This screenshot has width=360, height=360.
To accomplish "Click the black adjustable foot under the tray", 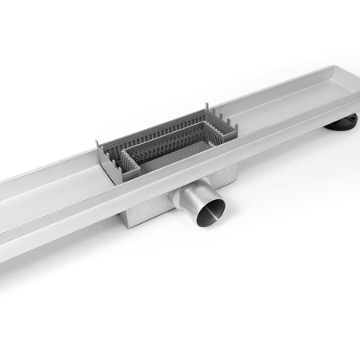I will [x=344, y=123].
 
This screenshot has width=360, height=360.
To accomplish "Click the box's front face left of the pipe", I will [x=140, y=212].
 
